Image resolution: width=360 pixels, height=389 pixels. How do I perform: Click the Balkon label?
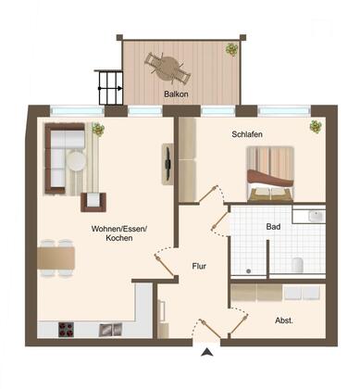click(176, 94)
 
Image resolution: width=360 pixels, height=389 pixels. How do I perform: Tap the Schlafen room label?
click(247, 134)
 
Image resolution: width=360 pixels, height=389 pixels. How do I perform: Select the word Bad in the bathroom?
click(273, 227)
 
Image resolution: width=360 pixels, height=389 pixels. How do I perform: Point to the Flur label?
click(199, 266)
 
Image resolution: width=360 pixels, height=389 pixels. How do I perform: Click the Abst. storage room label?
click(284, 320)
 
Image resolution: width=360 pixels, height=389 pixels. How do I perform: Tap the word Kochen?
click(119, 238)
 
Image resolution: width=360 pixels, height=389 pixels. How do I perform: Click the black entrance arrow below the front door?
click(207, 352)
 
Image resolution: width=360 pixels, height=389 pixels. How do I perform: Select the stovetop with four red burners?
click(67, 330)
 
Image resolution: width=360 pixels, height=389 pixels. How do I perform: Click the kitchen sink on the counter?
click(110, 330)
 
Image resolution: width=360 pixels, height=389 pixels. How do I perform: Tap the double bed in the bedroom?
click(270, 174)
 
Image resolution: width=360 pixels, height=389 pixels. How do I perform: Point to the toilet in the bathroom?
click(298, 265)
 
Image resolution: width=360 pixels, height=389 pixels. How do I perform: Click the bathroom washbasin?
click(317, 216)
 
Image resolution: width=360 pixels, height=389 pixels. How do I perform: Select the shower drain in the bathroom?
click(249, 271)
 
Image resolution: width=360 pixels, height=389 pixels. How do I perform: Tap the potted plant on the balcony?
click(231, 49)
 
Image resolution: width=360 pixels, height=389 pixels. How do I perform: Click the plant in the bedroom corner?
click(316, 127)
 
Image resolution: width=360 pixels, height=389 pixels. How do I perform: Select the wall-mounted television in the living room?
click(168, 164)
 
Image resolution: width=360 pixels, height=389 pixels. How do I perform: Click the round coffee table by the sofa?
click(76, 160)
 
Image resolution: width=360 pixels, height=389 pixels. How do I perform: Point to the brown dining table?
click(56, 258)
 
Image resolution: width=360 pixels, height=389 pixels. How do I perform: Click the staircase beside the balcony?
click(109, 88)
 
